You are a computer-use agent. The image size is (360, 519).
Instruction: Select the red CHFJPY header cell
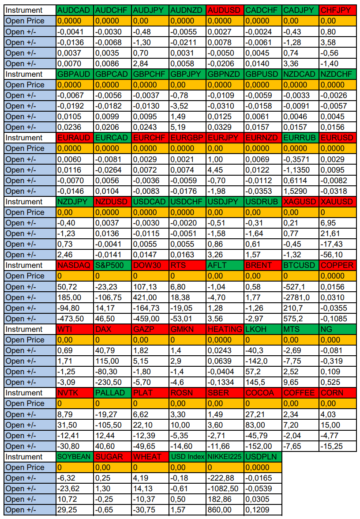(x=337, y=10)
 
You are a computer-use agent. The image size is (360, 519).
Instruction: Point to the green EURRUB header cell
(x=300, y=138)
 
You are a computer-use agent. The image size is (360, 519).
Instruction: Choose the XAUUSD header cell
(x=337, y=202)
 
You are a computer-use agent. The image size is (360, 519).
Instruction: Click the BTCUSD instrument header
(x=300, y=265)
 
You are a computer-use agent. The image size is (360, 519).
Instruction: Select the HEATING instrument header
(x=225, y=329)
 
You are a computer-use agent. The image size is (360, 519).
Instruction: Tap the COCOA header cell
(x=262, y=393)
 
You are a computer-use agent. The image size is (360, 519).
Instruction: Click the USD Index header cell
(x=187, y=457)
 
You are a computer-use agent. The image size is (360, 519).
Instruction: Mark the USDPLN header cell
(x=262, y=457)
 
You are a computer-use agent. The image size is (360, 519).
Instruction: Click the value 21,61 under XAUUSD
(x=337, y=233)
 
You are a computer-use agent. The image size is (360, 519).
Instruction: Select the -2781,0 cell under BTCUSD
(x=300, y=297)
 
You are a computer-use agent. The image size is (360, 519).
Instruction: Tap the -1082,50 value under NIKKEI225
(x=225, y=489)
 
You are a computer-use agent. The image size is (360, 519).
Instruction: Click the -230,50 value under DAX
(x=112, y=382)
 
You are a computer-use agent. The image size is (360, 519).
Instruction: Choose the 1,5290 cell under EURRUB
(x=300, y=191)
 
